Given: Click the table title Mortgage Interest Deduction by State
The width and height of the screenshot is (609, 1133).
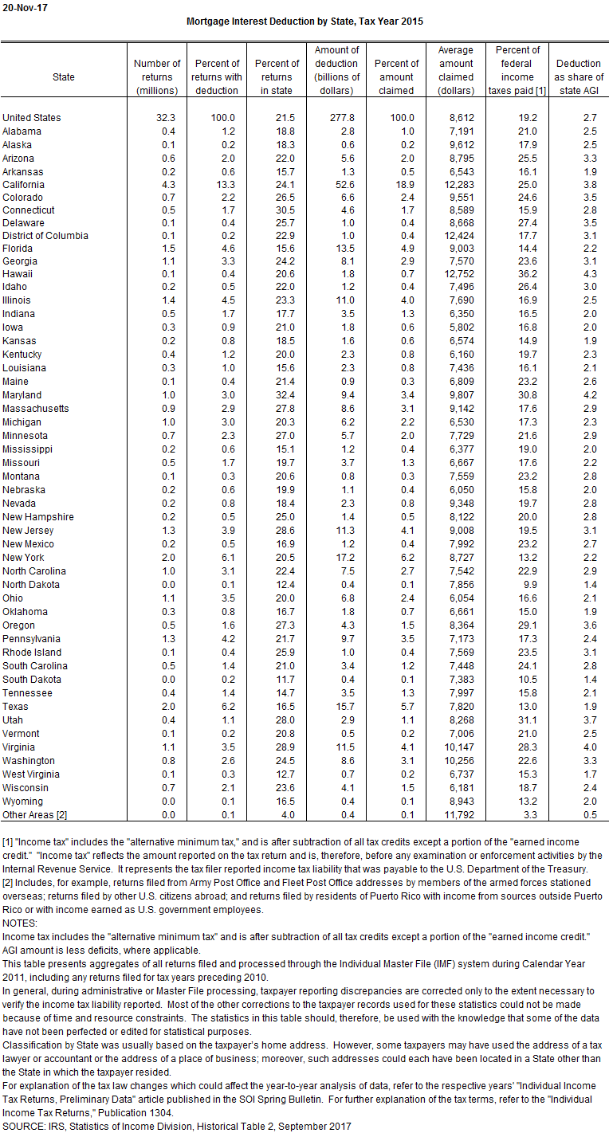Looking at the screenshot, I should coord(304,22).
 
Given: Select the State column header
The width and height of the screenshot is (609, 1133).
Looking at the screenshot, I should coord(64,77).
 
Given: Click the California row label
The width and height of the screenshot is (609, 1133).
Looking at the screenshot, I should coord(23,185).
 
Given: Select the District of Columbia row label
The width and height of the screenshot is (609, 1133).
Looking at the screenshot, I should coord(45,236).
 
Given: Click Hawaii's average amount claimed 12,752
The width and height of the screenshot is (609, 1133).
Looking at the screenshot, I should coord(458,272).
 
